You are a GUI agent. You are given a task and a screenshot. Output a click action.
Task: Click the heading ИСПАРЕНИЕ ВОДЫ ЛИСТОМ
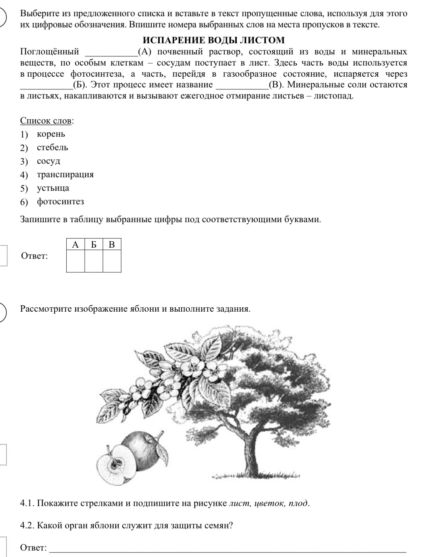(213, 40)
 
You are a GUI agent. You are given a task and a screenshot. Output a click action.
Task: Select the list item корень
(51, 134)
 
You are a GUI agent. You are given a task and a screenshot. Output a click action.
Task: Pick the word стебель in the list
(52, 147)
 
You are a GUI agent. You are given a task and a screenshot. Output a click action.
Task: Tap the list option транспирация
(65, 175)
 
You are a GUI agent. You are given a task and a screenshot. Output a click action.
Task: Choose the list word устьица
(53, 188)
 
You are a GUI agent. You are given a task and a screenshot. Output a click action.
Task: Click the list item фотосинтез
(60, 202)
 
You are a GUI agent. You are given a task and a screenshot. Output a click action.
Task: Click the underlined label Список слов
(46, 120)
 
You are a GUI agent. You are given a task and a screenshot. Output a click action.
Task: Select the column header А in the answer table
(75, 245)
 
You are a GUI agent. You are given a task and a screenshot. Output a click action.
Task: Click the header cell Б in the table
(94, 245)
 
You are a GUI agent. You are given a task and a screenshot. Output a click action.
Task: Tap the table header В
(112, 245)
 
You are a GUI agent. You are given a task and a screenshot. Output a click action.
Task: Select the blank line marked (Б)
(46, 85)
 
